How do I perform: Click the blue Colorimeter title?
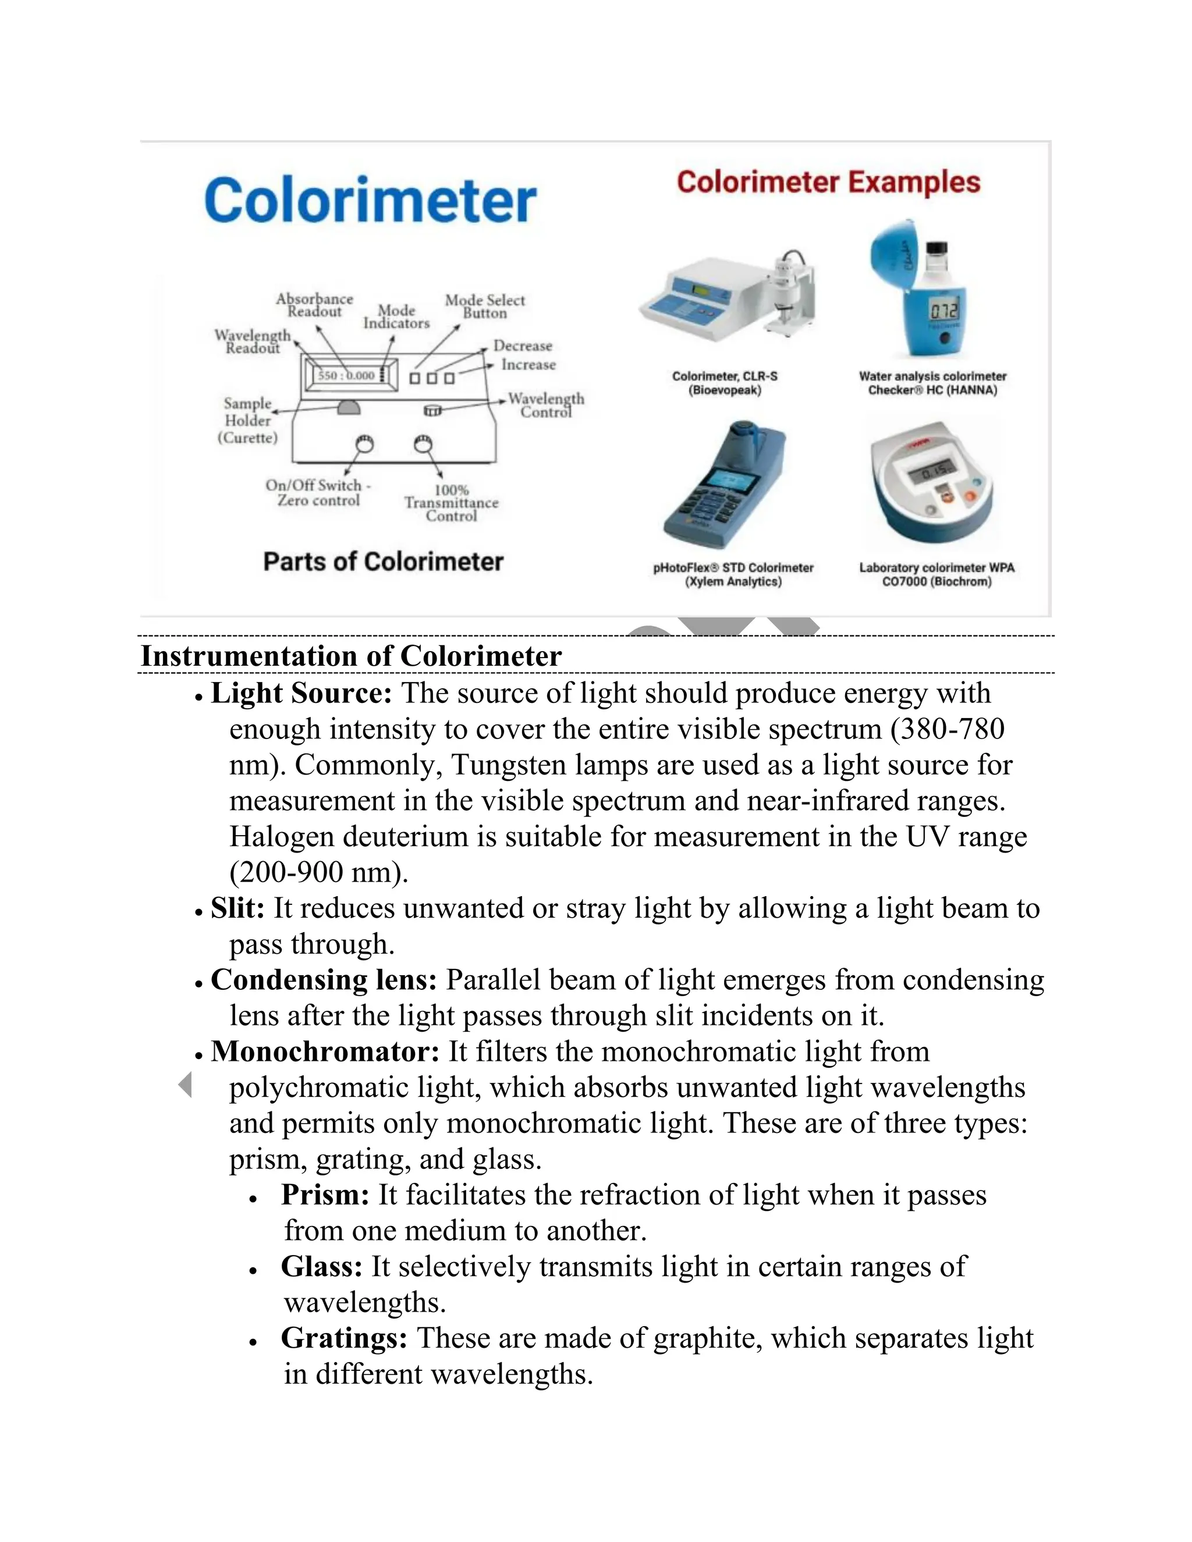370,201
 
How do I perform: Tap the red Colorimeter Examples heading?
828,182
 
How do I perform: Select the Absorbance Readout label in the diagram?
314,305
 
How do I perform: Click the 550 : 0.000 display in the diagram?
346,375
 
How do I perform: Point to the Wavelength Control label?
546,405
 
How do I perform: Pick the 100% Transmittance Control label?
451,503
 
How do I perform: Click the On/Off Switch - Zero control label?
318,493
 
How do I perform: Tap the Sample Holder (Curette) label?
248,420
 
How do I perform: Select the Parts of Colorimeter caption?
383,562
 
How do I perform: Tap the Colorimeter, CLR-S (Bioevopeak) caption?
725,383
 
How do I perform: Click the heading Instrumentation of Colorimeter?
351,656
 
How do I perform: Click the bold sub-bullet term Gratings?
344,1338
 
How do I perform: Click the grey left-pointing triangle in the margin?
185,1085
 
